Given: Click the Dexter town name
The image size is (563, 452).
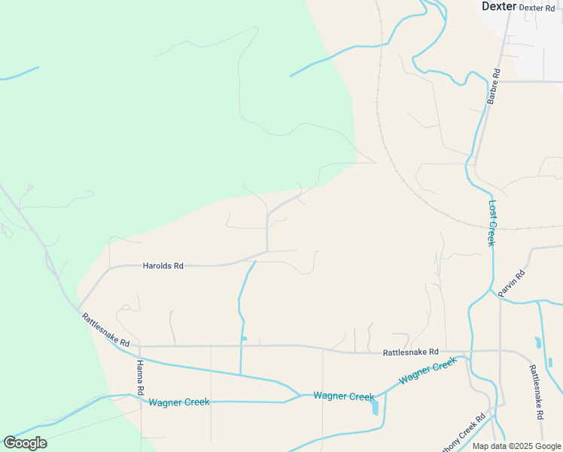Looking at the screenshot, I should [500, 6].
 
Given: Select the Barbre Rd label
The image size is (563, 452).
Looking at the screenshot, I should [493, 87].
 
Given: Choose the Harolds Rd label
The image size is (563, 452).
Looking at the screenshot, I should [163, 266].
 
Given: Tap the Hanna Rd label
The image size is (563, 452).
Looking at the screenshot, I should [140, 377].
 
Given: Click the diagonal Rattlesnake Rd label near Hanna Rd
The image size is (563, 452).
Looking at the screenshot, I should [105, 330].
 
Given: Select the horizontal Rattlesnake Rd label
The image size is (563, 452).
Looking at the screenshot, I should [410, 352].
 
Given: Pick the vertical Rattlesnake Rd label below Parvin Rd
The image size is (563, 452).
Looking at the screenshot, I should [536, 392].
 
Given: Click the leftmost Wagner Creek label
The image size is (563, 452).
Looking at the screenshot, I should [179, 402].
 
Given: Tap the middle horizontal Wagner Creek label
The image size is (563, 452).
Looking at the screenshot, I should [343, 396].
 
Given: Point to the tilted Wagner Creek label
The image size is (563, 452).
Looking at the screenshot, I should [428, 371].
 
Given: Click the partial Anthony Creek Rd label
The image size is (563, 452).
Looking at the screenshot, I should [461, 435].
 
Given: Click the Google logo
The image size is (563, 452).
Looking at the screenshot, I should [25, 443].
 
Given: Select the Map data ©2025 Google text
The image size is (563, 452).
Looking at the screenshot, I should [516, 446].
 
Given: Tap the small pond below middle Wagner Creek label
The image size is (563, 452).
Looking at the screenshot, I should [375, 409].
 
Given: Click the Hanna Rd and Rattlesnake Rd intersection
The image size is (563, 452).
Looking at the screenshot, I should [139, 347].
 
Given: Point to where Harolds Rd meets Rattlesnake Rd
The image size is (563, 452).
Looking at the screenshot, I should [78, 307].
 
